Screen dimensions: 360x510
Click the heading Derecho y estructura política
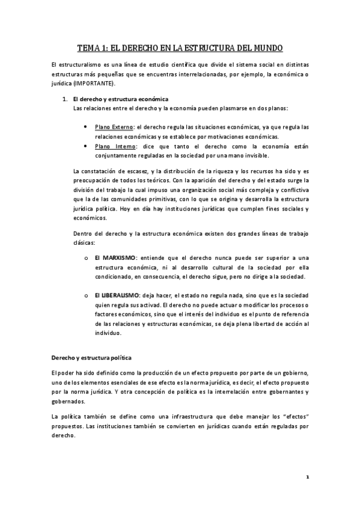(x=96, y=358)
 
